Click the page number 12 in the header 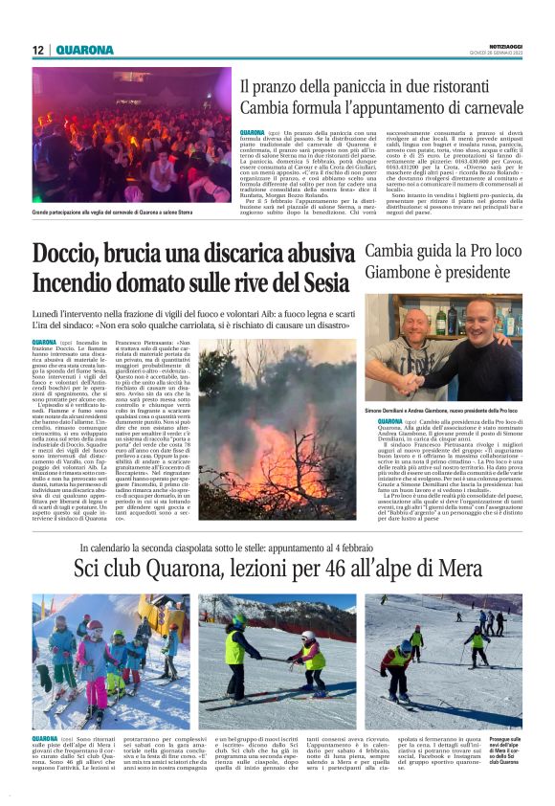pyautogui.click(x=38, y=50)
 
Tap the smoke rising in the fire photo pyautogui.click(x=277, y=392)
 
